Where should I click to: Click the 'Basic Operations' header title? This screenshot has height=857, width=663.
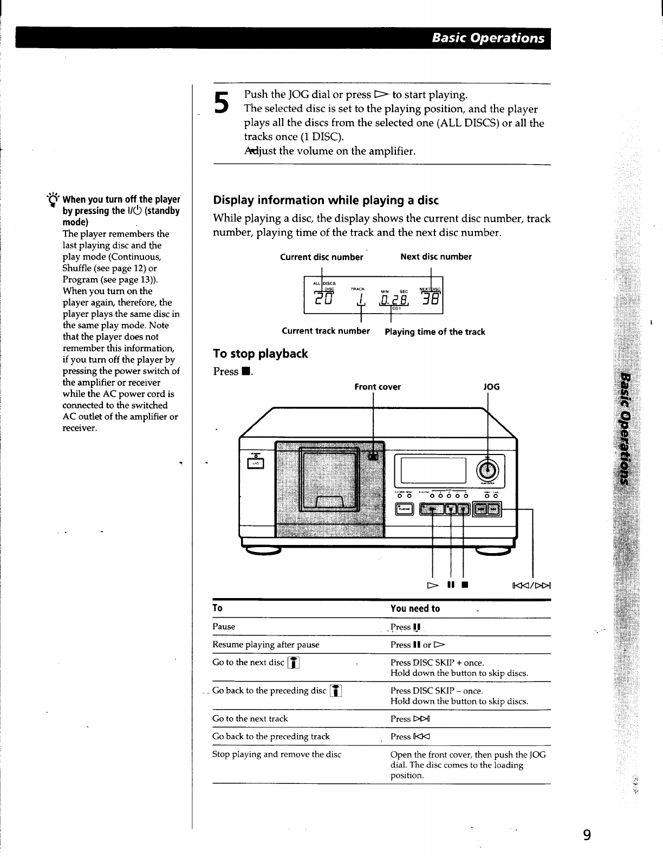[x=488, y=38]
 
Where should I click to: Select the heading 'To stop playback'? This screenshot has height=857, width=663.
[x=261, y=354]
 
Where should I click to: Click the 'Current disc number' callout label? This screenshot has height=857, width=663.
[x=321, y=257]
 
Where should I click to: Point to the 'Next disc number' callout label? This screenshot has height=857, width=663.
[x=435, y=256]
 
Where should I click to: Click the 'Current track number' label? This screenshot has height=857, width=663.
[x=326, y=331]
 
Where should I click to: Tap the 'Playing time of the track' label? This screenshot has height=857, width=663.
[x=434, y=332]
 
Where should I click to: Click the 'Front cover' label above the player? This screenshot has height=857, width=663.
[x=378, y=387]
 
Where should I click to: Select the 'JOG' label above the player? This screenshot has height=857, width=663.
[x=491, y=387]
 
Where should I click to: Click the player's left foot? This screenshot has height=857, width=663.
[x=264, y=551]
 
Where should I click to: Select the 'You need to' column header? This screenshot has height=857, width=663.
[x=415, y=608]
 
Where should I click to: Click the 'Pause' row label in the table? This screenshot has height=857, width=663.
[x=224, y=627]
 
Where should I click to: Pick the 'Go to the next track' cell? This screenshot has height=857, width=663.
[x=250, y=719]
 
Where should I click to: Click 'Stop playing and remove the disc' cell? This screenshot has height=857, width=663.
[x=276, y=754]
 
